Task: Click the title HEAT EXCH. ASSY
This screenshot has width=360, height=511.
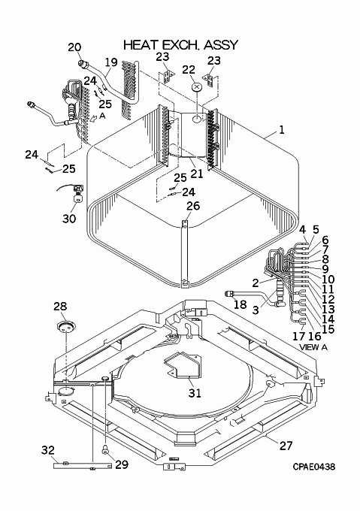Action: tap(181, 45)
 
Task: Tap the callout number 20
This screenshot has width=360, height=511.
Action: tap(74, 47)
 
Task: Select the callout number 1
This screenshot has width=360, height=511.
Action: tap(282, 130)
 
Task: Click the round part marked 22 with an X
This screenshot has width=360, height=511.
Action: tap(196, 87)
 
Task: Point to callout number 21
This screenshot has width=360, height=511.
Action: tap(197, 174)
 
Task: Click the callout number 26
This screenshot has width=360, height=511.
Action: tap(193, 206)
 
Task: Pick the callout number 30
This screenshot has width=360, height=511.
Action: tap(69, 219)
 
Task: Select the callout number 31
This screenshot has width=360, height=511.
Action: tap(195, 393)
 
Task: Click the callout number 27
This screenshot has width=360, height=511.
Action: tap(286, 445)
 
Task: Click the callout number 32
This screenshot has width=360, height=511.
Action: tap(48, 450)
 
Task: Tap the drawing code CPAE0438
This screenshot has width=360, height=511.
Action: tap(313, 467)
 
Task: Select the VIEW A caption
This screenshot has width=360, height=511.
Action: tap(313, 347)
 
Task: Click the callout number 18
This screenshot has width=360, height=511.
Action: tap(241, 304)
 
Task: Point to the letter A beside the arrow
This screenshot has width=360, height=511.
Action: tap(102, 116)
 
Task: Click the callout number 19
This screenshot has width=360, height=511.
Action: tap(111, 62)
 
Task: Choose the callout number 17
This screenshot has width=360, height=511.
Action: tap(298, 336)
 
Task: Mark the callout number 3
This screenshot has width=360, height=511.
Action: tap(256, 310)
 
